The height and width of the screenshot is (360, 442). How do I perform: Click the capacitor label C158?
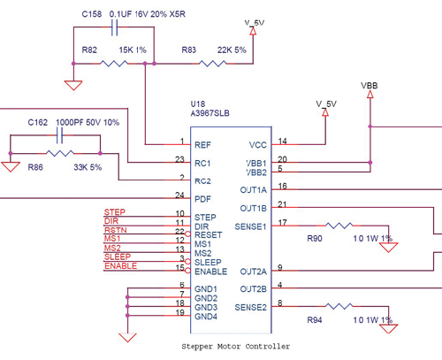pos(91,15)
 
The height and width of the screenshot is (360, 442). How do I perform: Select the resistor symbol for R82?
pos(114,63)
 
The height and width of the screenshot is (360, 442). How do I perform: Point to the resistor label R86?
pos(35,166)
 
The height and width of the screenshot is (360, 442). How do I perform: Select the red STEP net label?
pos(114,213)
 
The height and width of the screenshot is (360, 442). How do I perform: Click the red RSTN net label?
pos(115,231)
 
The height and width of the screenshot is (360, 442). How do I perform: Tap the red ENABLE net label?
pos(120,266)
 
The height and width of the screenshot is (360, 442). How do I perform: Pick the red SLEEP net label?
pos(118,257)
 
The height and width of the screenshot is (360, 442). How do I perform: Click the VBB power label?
pos(370,86)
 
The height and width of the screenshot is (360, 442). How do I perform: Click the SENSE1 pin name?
pos(251,227)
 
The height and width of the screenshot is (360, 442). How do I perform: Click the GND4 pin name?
pos(207,316)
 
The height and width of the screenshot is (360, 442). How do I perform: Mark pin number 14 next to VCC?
pos(283,141)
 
